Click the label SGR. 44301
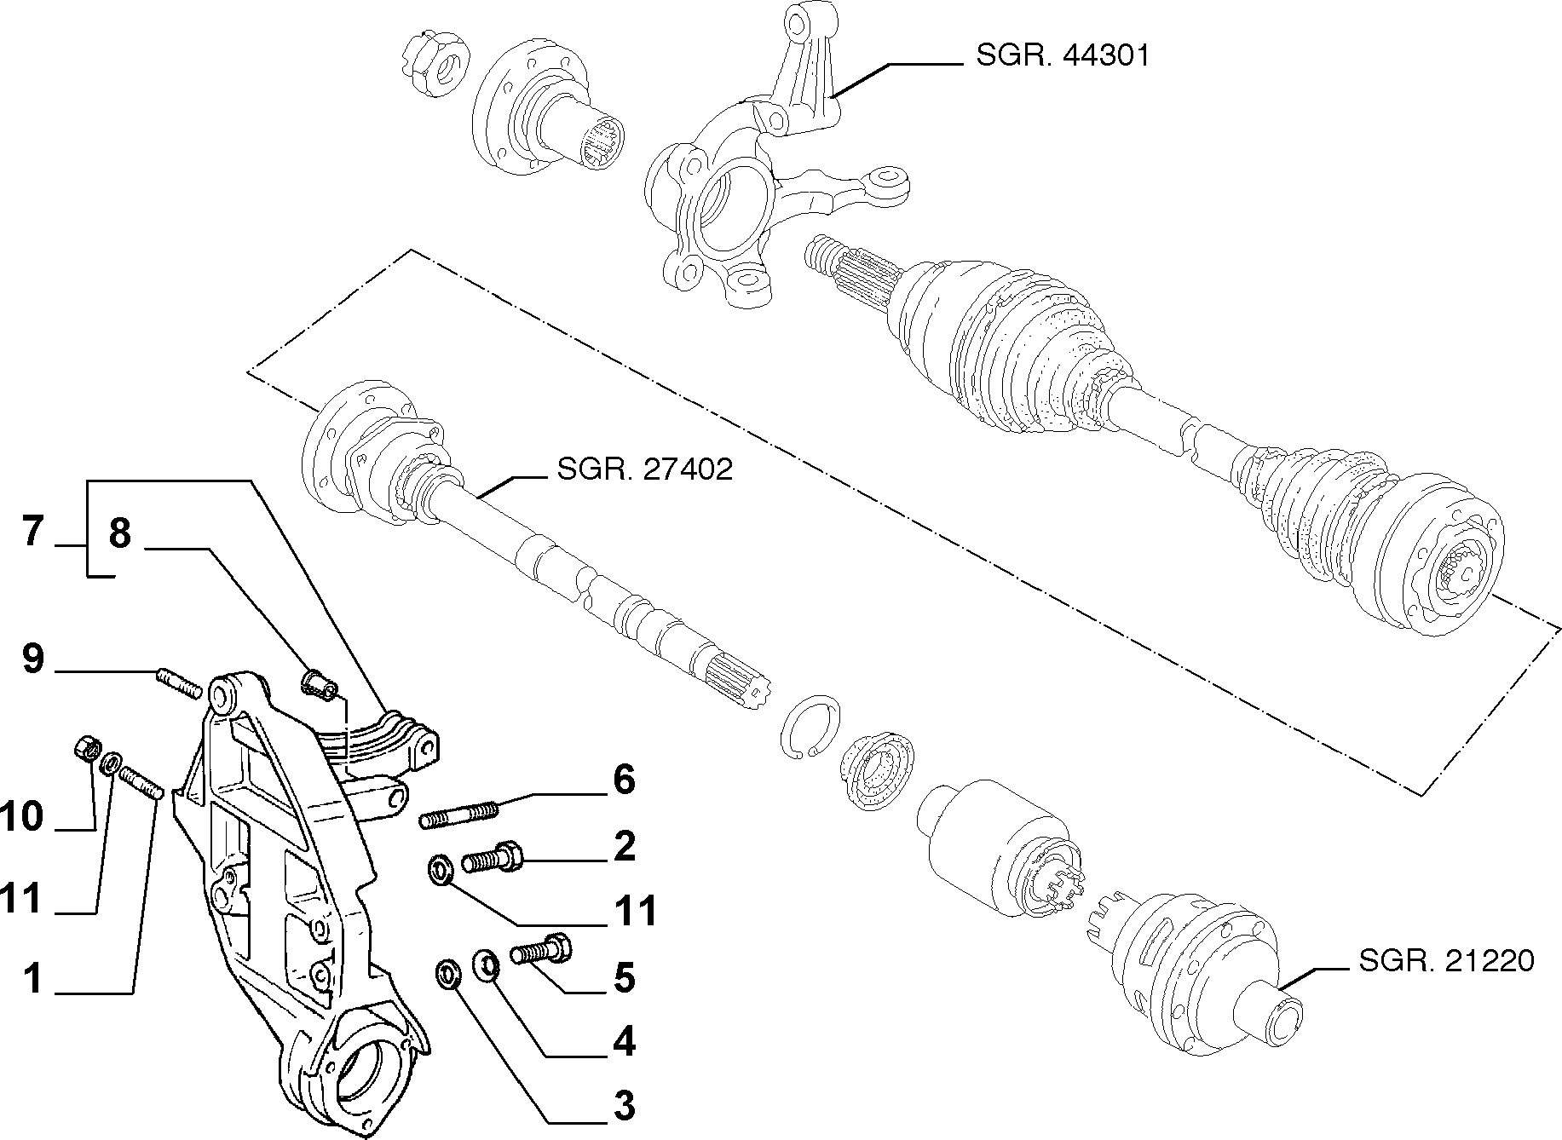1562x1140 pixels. [x=1063, y=56]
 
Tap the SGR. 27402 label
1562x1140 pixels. [x=644, y=469]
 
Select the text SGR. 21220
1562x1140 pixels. [x=1446, y=961]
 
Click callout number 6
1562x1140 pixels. [x=624, y=780]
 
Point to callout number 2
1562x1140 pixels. [x=624, y=847]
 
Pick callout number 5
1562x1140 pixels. [x=625, y=977]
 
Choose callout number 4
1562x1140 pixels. [x=625, y=1042]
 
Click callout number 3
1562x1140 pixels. [x=625, y=1106]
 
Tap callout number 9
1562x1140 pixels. [x=32, y=659]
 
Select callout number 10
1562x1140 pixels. [x=23, y=817]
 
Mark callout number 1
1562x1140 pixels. [x=32, y=979]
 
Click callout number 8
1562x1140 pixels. [x=120, y=534]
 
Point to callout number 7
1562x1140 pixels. [x=32, y=533]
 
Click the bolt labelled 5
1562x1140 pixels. [x=541, y=949]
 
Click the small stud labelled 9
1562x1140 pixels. [x=180, y=683]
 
